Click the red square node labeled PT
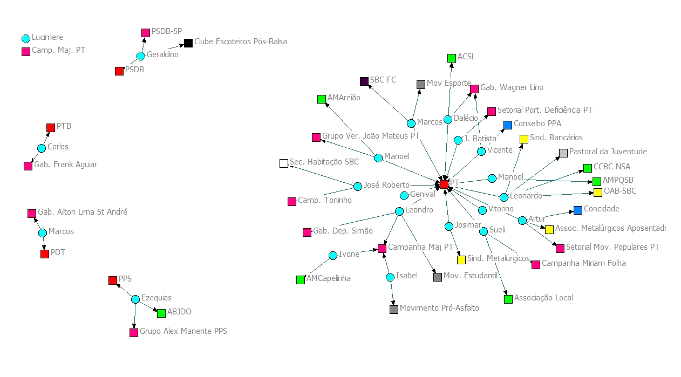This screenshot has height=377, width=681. click(x=444, y=184)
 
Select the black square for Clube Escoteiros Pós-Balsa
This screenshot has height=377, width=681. click(x=188, y=43)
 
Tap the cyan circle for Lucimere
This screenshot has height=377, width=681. click(x=26, y=38)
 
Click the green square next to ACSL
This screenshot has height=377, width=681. click(x=452, y=58)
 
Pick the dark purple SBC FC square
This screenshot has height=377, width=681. click(x=364, y=81)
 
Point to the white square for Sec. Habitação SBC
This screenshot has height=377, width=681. click(x=284, y=163)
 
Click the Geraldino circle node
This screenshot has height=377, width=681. click(x=141, y=56)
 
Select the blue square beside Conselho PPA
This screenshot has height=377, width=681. click(x=508, y=125)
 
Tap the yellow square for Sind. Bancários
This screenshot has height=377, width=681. click(x=523, y=139)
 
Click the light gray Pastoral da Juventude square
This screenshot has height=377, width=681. click(x=563, y=153)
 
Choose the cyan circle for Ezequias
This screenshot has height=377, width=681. click(x=135, y=299)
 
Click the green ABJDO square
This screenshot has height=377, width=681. click(x=161, y=313)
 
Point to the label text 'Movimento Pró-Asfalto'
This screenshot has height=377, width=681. click(x=439, y=308)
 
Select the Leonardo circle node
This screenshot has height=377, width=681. click(x=504, y=197)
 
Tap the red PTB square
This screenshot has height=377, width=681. click(x=51, y=128)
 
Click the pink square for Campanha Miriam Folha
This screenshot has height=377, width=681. click(x=536, y=265)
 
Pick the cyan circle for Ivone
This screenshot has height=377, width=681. click(x=333, y=256)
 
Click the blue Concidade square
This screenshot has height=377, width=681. click(x=578, y=210)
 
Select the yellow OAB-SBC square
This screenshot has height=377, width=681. click(x=598, y=193)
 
